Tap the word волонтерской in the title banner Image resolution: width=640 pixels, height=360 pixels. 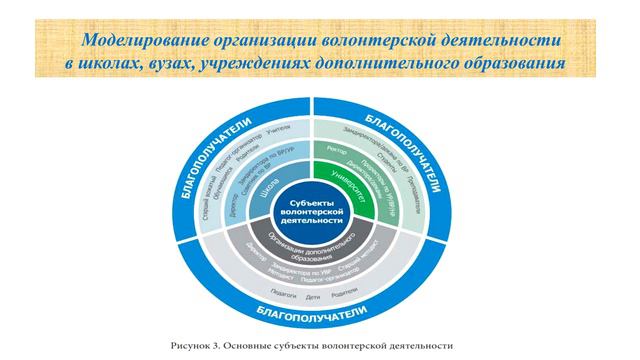pos(390,40)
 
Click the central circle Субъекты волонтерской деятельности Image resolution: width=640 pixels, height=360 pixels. pos(314,208)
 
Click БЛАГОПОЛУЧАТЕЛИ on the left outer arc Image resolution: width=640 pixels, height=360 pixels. pos(199,173)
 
